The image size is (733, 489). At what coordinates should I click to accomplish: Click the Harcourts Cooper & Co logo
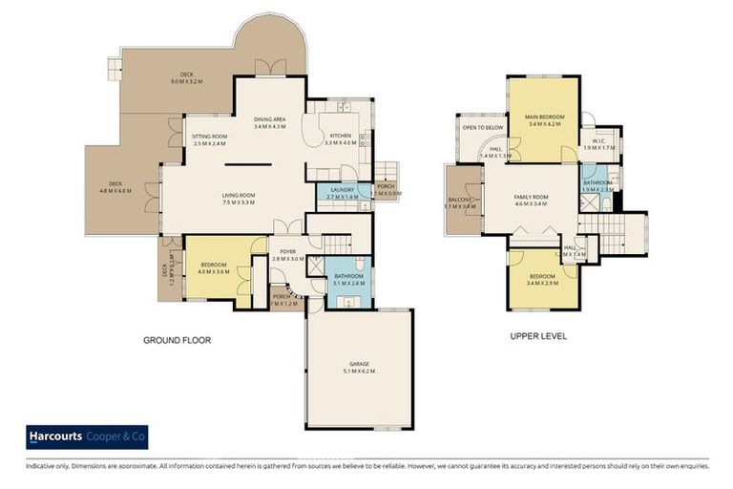coord(87,436)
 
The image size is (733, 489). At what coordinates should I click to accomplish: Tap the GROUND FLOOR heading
coord(177,340)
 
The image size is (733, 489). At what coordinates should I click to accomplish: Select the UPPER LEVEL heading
coord(539,336)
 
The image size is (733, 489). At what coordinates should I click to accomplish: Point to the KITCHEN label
coord(341,136)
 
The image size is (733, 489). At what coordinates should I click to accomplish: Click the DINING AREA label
coord(270,118)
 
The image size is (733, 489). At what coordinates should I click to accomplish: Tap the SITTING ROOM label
coord(209,137)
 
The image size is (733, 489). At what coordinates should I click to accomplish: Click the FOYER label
coord(287,251)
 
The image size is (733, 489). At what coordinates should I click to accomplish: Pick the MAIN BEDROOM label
coord(545,117)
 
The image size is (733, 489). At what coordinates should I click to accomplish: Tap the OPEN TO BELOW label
coord(483,127)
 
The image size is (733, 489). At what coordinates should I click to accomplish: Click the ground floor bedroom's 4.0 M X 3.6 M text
coord(213,271)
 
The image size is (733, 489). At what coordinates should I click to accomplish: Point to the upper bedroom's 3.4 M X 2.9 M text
coord(543,283)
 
